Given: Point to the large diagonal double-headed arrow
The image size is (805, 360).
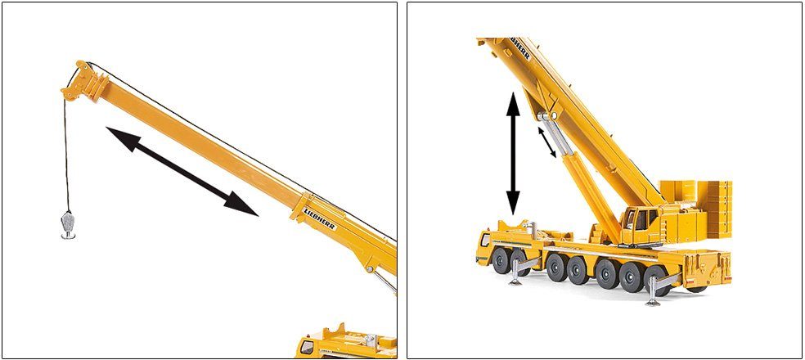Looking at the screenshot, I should click(x=182, y=170).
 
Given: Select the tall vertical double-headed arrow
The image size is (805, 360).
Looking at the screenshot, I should click(x=513, y=153).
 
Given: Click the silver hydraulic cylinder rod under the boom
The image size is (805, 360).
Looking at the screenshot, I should click(x=555, y=134).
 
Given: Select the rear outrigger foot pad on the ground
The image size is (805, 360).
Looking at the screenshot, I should click(x=653, y=302).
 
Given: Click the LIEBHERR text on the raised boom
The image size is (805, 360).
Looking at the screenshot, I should click(x=519, y=47).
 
